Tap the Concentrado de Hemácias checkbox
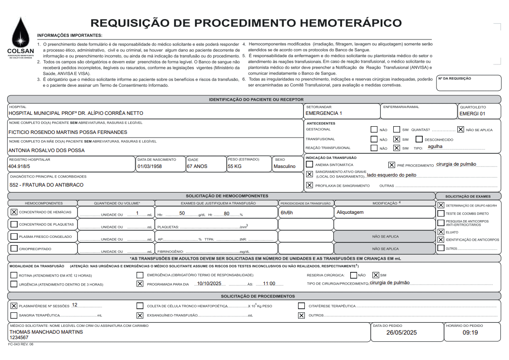(x=14, y=212)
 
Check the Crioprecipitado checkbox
(x=14, y=249)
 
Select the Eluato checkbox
(x=440, y=232)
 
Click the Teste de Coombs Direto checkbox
(x=440, y=213)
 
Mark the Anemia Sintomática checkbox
(x=309, y=164)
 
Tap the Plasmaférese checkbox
(x=14, y=306)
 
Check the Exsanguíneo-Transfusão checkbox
(x=140, y=315)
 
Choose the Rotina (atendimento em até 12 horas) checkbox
(x=14, y=275)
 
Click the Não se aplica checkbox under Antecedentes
(x=460, y=129)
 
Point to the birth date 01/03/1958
(x=150, y=166)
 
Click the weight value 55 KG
(x=235, y=166)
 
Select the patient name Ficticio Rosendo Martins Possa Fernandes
(x=68, y=132)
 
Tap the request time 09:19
(x=470, y=333)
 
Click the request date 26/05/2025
(x=401, y=333)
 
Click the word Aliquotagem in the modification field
(x=350, y=212)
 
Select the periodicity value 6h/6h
(x=287, y=212)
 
